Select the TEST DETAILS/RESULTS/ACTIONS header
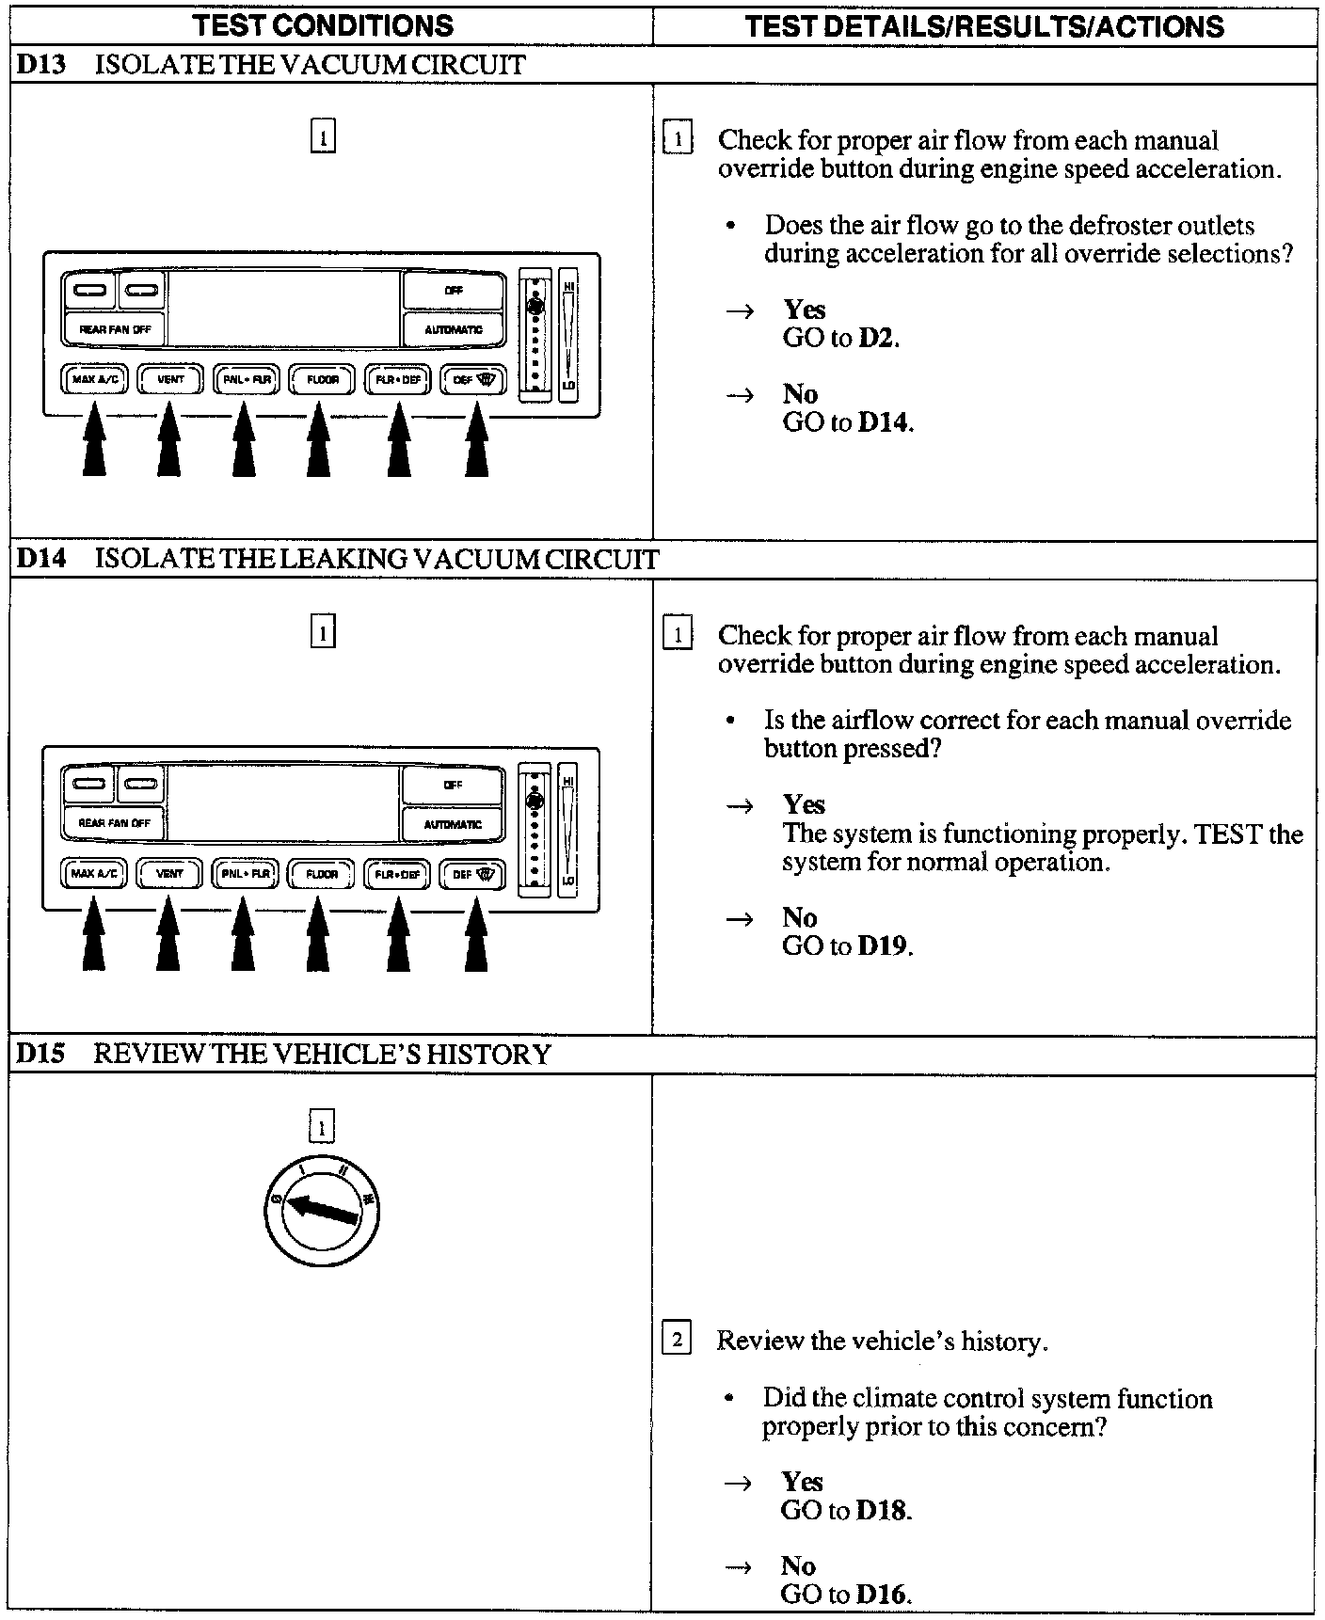tap(984, 25)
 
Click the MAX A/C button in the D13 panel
tap(95, 379)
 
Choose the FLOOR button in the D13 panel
tap(322, 379)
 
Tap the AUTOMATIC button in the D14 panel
tap(453, 824)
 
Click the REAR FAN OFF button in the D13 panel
tap(114, 329)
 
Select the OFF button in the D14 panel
tap(453, 785)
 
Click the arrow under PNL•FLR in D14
tap(244, 935)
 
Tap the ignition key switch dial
tap(321, 1209)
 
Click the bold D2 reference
tap(877, 338)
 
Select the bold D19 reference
tap(884, 945)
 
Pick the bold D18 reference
tap(883, 1510)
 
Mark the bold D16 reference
tap(883, 1595)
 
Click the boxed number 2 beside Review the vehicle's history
tap(678, 1339)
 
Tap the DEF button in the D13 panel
tap(473, 379)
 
